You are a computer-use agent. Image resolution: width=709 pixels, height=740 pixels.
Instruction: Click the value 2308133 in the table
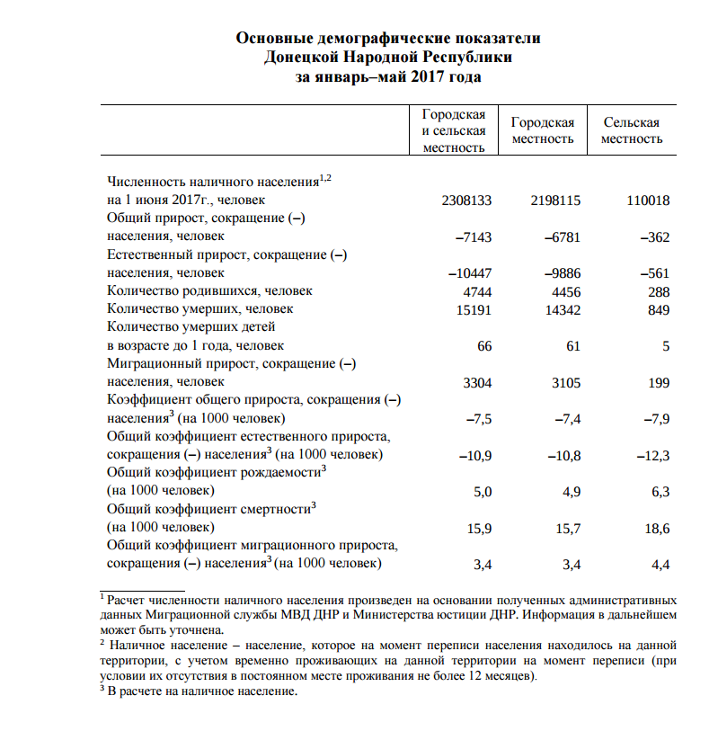tap(466, 201)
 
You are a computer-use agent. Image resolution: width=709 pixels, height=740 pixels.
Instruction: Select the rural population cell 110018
tap(647, 201)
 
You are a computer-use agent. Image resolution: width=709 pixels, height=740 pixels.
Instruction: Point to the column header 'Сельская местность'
tap(632, 130)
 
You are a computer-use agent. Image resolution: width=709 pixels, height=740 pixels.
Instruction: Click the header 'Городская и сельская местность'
tap(454, 130)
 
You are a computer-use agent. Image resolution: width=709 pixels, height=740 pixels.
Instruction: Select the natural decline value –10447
tap(470, 273)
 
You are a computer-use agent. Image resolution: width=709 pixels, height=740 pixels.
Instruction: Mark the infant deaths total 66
tap(484, 346)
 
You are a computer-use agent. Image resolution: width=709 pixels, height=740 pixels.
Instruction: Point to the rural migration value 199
tap(658, 383)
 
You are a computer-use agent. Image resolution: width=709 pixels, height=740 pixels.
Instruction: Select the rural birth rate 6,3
tap(660, 492)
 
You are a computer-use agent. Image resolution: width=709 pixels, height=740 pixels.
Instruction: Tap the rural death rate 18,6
tap(656, 529)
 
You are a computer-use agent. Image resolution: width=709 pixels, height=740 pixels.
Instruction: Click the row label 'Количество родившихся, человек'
tap(209, 291)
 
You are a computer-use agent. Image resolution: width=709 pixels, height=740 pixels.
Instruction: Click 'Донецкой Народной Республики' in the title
tap(388, 58)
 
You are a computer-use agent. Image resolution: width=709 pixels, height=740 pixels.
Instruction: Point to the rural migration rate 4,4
tap(660, 565)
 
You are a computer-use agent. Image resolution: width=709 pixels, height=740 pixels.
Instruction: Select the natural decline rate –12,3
tap(653, 456)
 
